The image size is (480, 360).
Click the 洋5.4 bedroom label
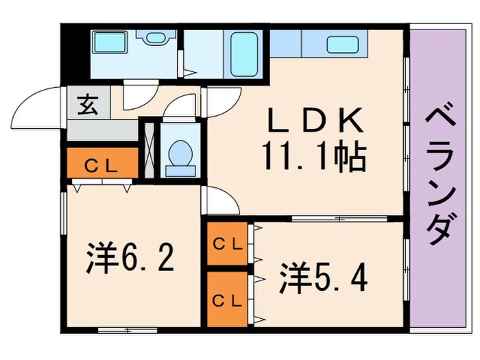point(324,278)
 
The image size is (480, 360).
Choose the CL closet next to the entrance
point(101,164)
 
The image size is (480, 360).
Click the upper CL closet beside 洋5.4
point(227,243)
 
